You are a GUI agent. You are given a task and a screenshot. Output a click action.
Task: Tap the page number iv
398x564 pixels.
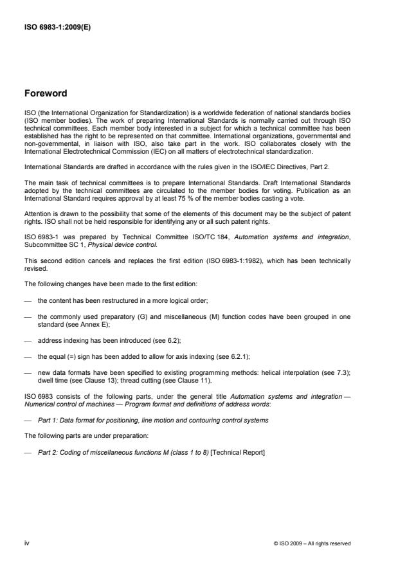point(27,543)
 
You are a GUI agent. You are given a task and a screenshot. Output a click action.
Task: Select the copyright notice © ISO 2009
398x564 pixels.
point(312,543)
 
